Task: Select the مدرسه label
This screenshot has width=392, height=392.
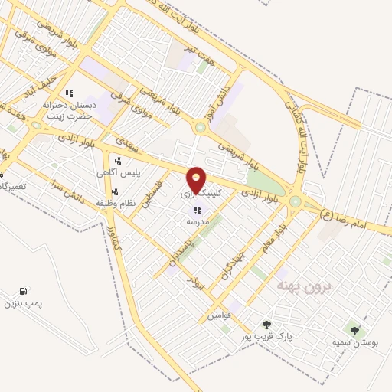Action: click(198, 221)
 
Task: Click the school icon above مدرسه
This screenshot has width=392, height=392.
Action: click(198, 210)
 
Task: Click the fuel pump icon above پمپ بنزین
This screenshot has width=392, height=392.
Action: click(24, 292)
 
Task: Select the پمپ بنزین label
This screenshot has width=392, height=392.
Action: click(21, 305)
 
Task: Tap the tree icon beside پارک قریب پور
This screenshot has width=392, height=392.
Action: click(266, 325)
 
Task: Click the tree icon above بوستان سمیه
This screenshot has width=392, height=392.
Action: click(354, 331)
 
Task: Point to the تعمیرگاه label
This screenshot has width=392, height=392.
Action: click(14, 187)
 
